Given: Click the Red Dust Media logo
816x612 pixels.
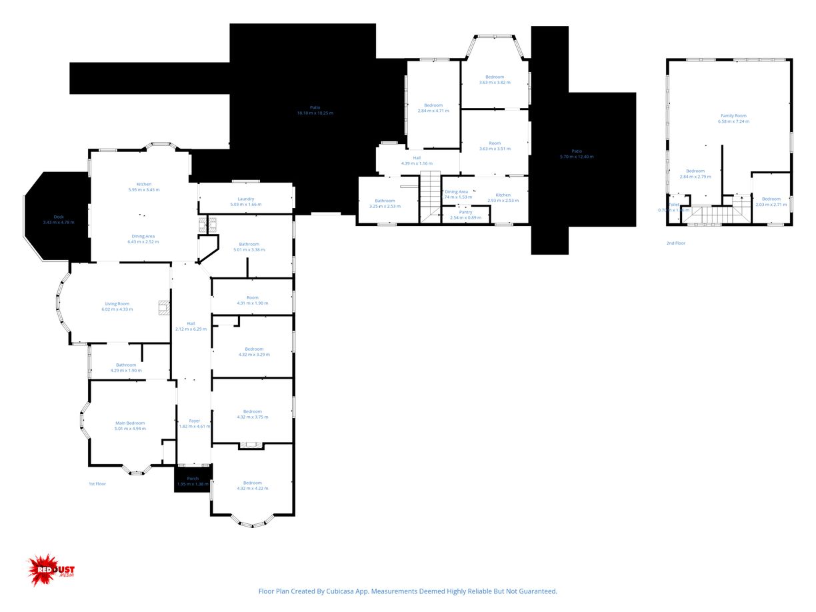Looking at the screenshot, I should (51, 570).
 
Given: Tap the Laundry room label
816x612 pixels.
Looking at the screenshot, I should (246, 199).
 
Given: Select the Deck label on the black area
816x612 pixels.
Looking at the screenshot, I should (59, 217).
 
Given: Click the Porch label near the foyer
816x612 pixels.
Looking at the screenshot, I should (193, 478).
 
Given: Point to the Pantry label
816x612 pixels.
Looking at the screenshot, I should (465, 212).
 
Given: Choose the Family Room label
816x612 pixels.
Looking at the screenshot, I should (733, 115).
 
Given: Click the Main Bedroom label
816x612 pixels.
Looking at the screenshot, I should (130, 423).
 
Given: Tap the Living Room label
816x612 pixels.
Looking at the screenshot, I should (117, 303).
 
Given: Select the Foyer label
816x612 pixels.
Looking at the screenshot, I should (194, 421).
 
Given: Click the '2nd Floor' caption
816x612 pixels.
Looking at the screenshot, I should (675, 243).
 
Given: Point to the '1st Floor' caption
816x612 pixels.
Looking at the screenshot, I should (97, 483).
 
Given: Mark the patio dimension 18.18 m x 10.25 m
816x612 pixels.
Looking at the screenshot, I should (315, 113).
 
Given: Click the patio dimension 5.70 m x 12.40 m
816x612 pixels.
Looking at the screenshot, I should (576, 157).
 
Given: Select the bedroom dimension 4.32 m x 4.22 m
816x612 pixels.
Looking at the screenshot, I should (253, 489).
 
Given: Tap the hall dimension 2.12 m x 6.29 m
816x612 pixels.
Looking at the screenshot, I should (191, 329).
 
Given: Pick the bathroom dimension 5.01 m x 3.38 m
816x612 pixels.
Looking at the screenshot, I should (249, 250).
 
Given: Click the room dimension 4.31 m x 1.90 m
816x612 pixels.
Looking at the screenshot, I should (252, 303).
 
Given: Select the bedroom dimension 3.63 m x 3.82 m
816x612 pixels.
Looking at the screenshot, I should (495, 83).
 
